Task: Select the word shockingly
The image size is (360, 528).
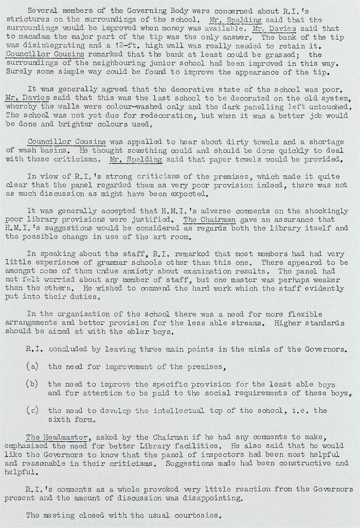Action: pos(326,211)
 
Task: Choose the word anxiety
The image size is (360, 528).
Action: pos(128,271)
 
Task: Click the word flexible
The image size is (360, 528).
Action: pos(305,314)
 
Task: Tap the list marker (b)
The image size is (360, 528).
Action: pos(32,384)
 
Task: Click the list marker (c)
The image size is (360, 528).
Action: pos(32,410)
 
